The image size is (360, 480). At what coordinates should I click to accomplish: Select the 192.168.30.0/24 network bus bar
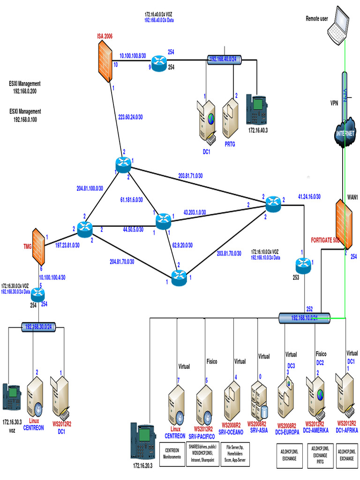click(x=38, y=326)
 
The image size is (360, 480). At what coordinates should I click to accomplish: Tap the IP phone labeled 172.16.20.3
click(x=142, y=438)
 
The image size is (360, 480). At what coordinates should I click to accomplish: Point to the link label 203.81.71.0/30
click(x=190, y=176)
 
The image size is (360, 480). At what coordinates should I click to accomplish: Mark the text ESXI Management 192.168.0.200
click(x=25, y=88)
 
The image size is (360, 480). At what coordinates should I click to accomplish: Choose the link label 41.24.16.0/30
click(x=309, y=197)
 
